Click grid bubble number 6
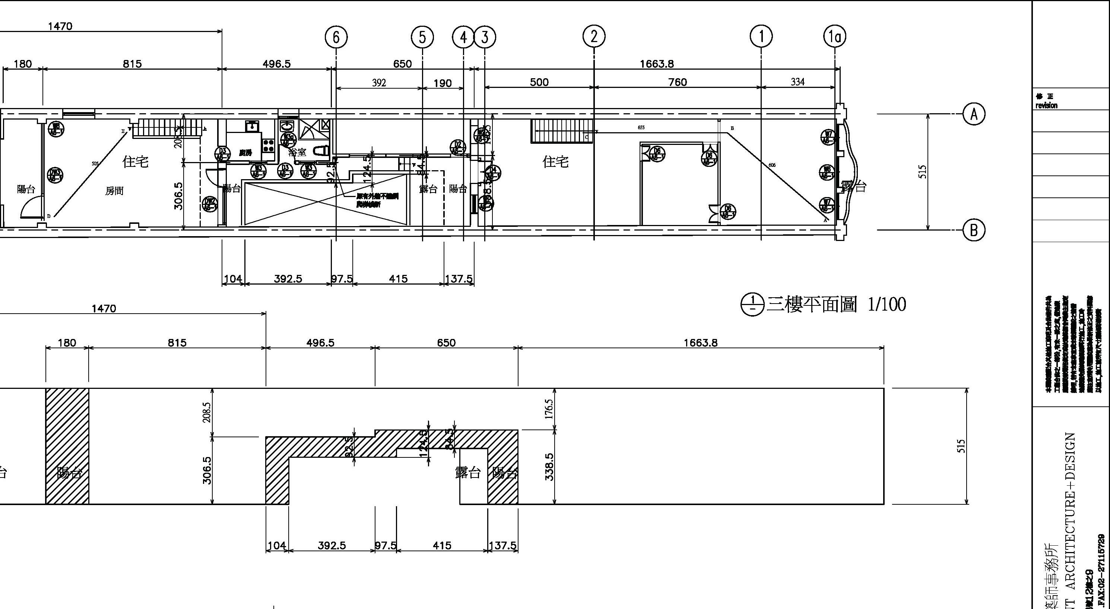[336, 37]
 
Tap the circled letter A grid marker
[973, 114]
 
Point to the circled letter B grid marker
[973, 231]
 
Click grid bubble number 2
[594, 37]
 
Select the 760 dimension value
[678, 82]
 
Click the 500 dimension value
[539, 82]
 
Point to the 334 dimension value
[797, 82]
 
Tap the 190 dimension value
[443, 83]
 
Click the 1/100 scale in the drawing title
[887, 305]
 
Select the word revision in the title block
[1047, 105]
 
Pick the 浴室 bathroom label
[297, 152]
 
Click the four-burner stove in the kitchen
[269, 145]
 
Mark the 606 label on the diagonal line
[772, 165]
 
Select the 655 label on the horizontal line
[641, 128]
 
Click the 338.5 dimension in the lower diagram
[549, 466]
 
